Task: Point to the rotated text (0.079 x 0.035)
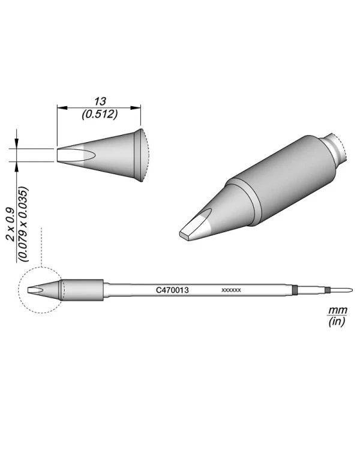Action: point(23,224)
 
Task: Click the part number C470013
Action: point(173,290)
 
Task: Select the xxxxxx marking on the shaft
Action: point(231,290)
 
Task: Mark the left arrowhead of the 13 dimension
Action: point(60,107)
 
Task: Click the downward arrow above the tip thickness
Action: point(17,144)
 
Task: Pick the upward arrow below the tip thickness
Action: point(17,166)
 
